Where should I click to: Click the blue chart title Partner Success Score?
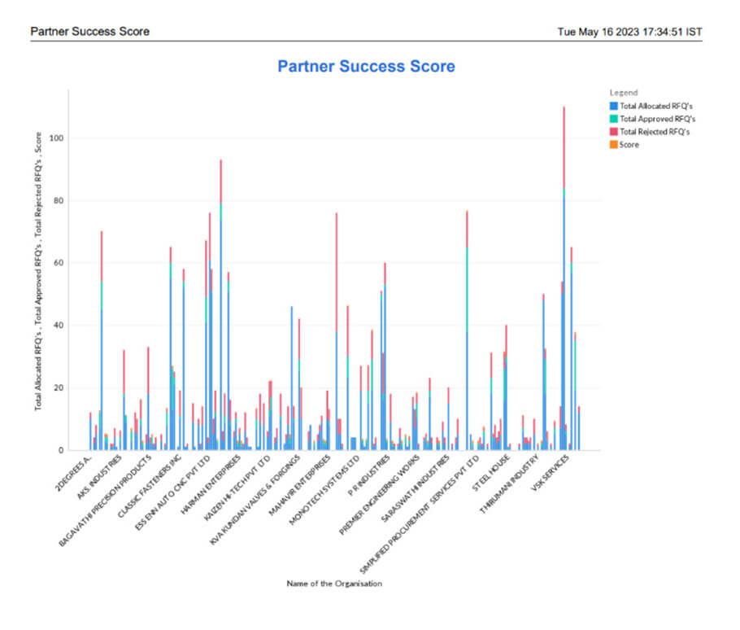pos(366,66)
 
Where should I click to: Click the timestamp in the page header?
pos(629,32)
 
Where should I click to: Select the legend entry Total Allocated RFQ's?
pos(655,106)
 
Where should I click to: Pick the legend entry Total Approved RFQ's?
pos(656,119)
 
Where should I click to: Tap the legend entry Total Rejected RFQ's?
pos(655,132)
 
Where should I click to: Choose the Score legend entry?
pos(629,145)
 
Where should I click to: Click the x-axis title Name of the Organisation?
pos(334,584)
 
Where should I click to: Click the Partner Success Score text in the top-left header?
pos(89,32)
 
